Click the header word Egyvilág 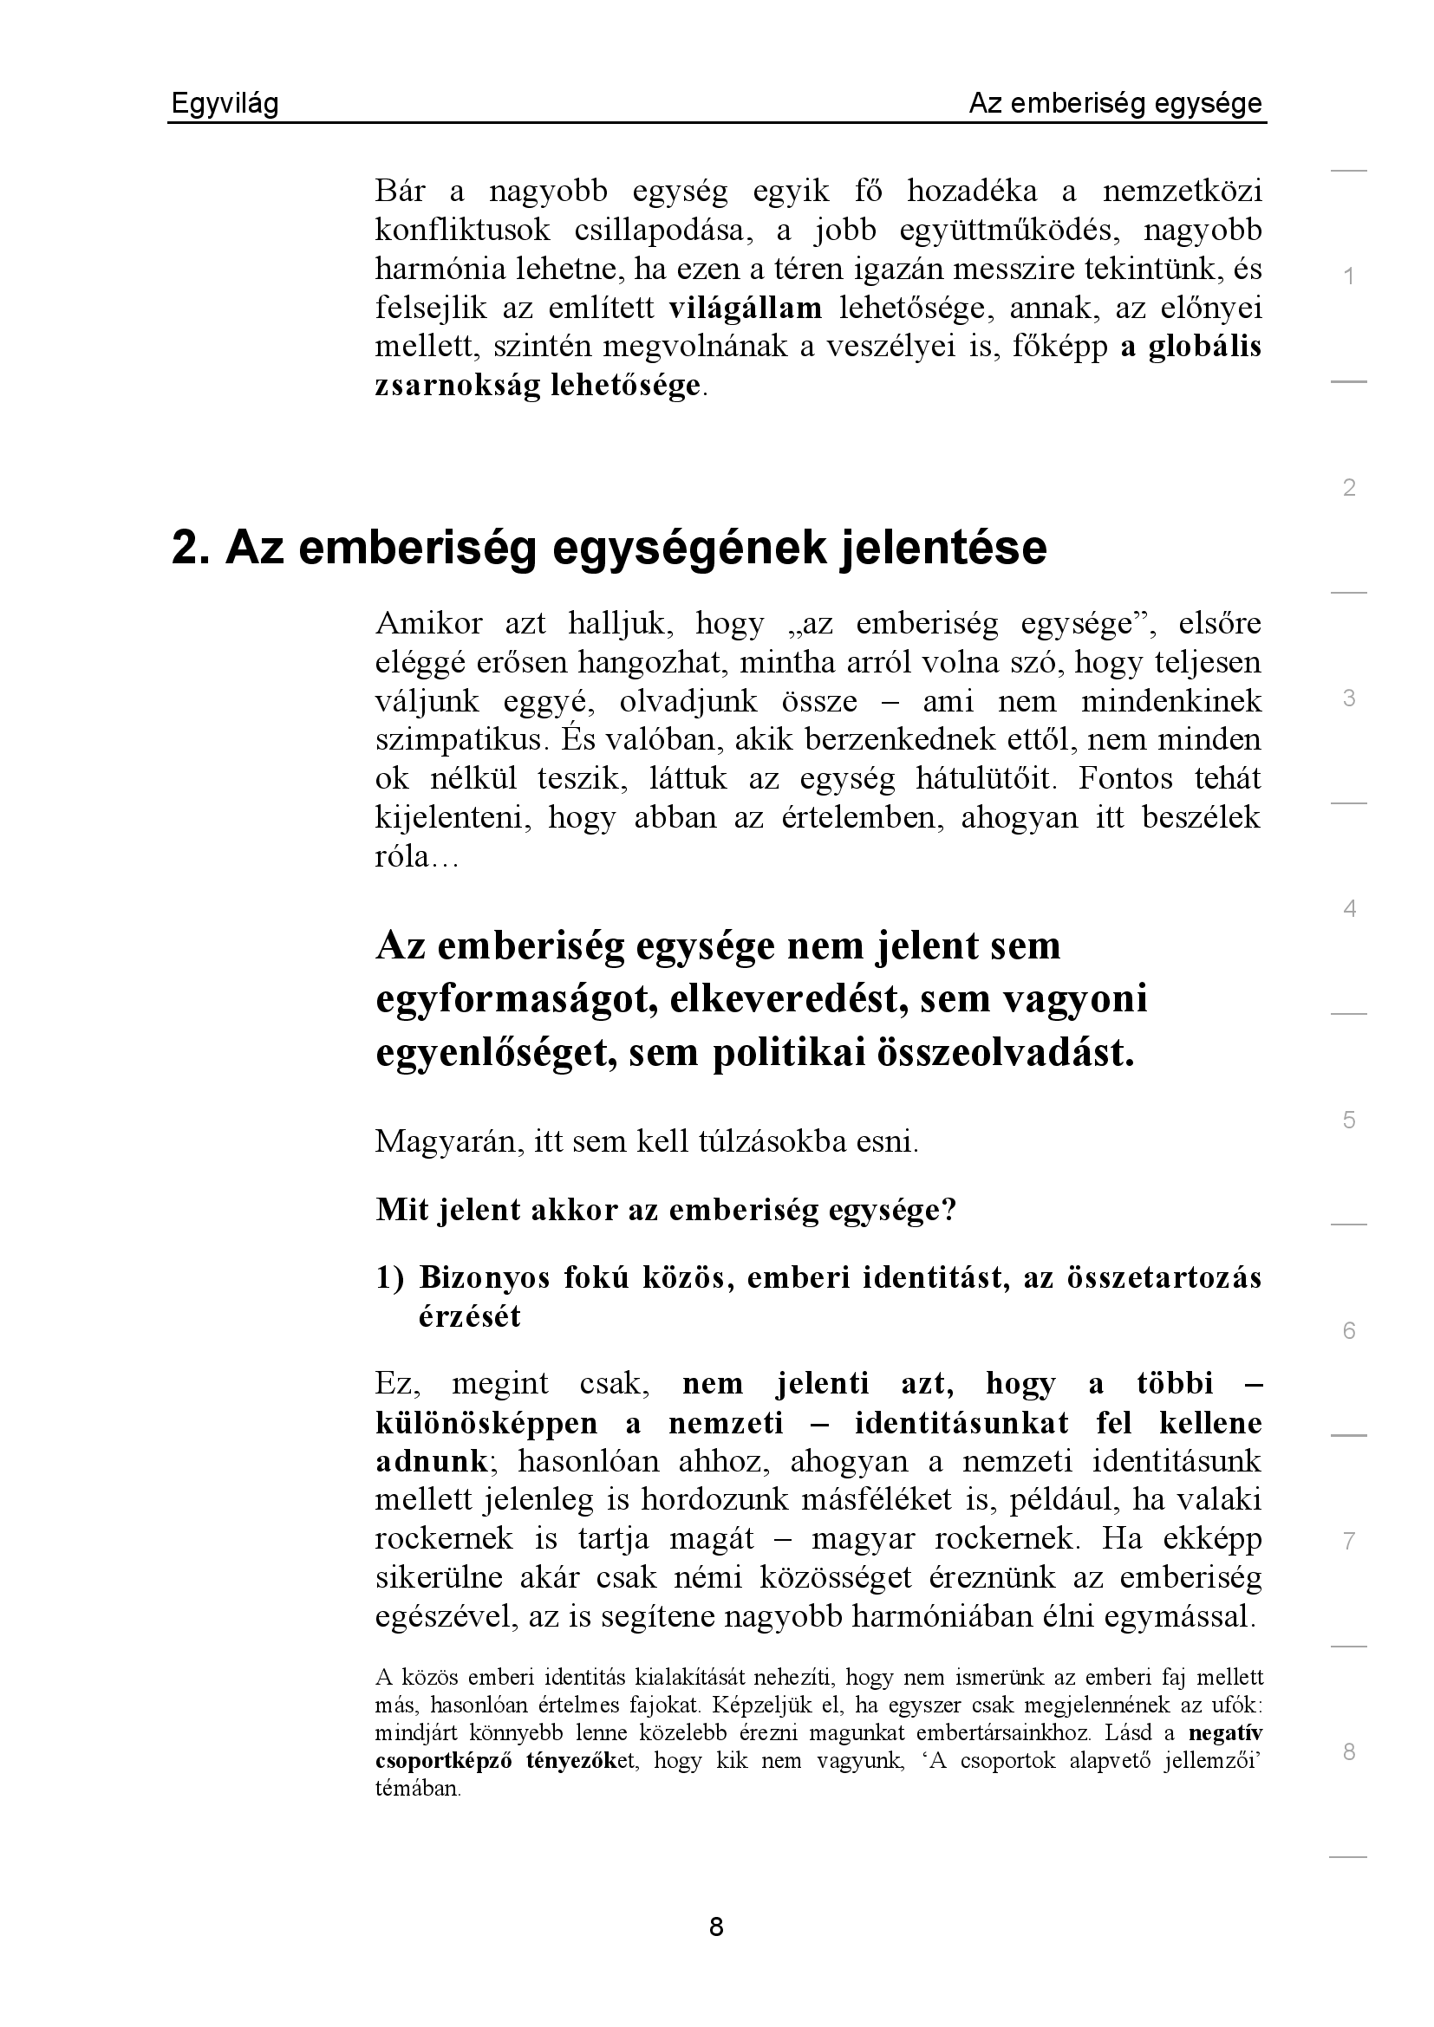click(225, 104)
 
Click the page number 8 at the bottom click(716, 1926)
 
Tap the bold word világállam click(746, 309)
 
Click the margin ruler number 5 click(1348, 1120)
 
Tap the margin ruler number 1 click(1348, 276)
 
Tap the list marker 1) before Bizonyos click(389, 1277)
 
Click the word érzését click(470, 1316)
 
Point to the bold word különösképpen click(486, 1422)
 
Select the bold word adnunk click(431, 1461)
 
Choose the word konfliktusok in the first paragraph click(463, 231)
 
